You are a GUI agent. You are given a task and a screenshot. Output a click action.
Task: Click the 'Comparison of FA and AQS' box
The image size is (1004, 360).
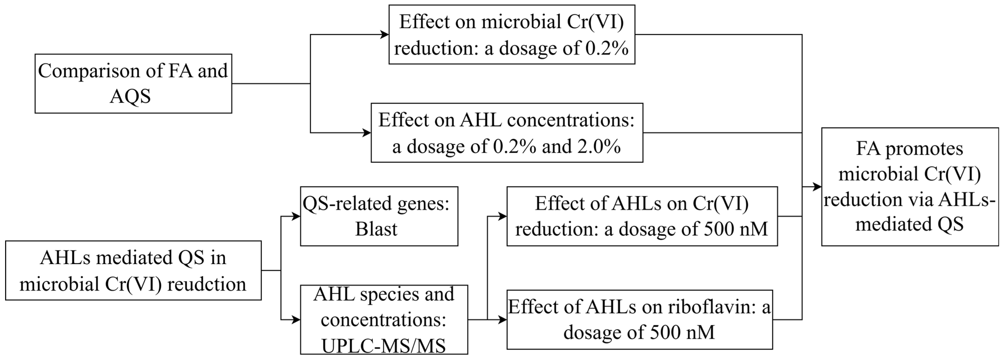tap(133, 83)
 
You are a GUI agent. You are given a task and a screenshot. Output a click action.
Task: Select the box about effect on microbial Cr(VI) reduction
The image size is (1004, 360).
tap(512, 35)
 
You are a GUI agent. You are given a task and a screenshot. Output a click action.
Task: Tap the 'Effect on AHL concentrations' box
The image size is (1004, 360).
tap(507, 132)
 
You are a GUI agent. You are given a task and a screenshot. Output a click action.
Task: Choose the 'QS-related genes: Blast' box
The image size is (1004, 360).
tap(379, 216)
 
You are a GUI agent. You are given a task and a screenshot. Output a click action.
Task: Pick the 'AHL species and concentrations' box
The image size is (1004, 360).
tap(384, 320)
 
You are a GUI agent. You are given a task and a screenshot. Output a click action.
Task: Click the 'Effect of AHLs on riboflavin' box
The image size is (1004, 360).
tap(639, 320)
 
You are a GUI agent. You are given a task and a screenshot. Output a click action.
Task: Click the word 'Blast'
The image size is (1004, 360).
tap(376, 229)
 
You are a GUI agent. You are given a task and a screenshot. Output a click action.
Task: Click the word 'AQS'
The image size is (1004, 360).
tap(130, 96)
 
